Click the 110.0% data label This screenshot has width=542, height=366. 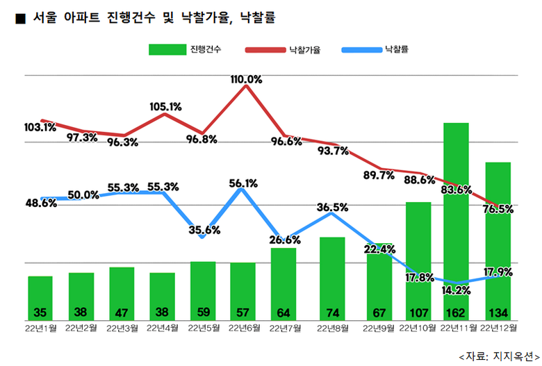point(247,80)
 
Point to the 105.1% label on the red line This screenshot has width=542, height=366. point(165,107)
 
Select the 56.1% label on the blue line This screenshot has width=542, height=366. point(243,183)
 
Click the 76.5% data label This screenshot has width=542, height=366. point(497,209)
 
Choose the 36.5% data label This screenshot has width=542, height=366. point(332,207)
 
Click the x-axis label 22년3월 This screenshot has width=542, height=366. point(122,327)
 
